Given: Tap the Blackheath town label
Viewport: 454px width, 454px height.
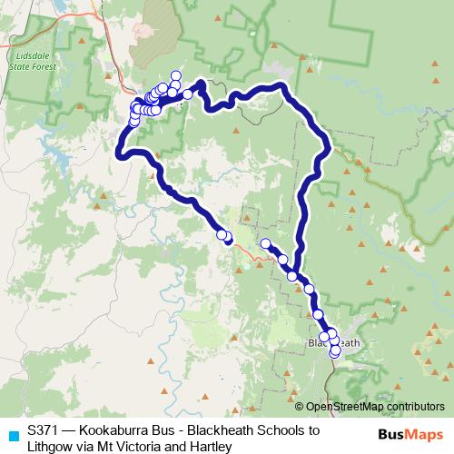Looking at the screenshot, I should pyautogui.click(x=334, y=342).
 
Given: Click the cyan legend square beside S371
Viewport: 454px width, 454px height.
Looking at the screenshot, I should pyautogui.click(x=11, y=432).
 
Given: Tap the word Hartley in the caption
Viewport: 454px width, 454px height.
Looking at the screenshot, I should pyautogui.click(x=212, y=447).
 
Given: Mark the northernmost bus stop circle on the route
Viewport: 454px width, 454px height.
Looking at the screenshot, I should pyautogui.click(x=175, y=76).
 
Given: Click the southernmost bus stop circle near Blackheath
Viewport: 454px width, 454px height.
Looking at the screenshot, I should pyautogui.click(x=334, y=352).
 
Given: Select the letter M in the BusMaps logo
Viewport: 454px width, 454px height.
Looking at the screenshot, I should pyautogui.click(x=404, y=433).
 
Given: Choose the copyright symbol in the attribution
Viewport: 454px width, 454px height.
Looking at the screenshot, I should pyautogui.click(x=301, y=407).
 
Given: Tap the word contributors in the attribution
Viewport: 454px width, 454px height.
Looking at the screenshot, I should pyautogui.click(x=410, y=407).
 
